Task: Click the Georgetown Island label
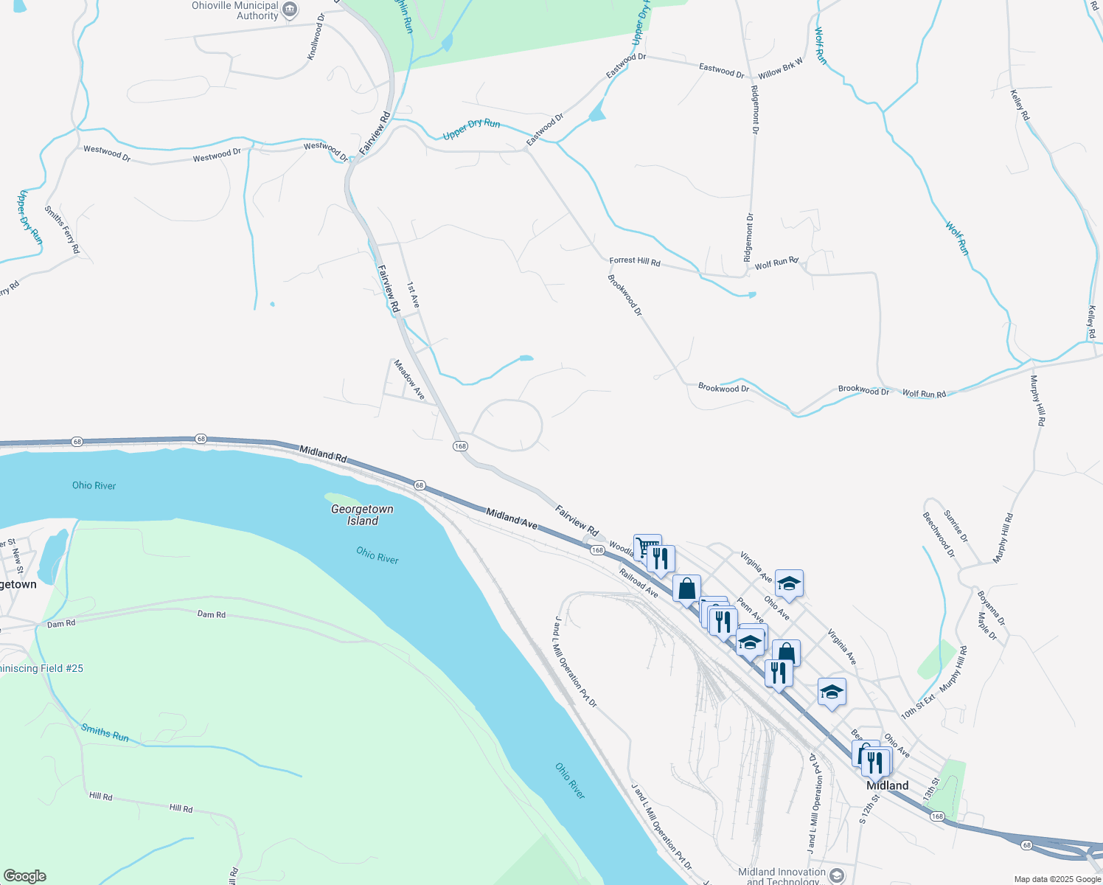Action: (x=362, y=515)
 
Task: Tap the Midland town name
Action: (x=887, y=785)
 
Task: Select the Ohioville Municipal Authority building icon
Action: (x=290, y=10)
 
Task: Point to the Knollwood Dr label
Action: (x=316, y=37)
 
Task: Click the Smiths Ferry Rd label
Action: (x=62, y=229)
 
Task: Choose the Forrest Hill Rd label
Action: (x=635, y=261)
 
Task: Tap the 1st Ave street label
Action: (x=413, y=294)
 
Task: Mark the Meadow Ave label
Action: (x=409, y=380)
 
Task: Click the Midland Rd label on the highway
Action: (x=322, y=453)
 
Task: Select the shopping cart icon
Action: (x=647, y=546)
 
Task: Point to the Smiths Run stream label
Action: (x=105, y=732)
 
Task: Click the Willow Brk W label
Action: (x=781, y=70)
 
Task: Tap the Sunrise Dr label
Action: (x=956, y=526)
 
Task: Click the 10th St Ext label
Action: (x=918, y=706)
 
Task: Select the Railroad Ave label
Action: (x=639, y=583)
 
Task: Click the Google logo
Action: (x=24, y=876)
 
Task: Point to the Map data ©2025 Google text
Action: (x=1057, y=879)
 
